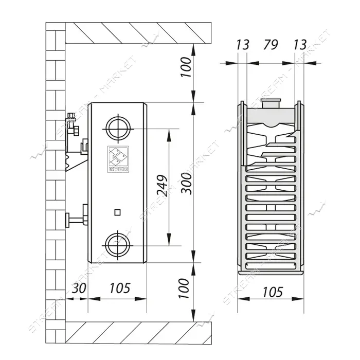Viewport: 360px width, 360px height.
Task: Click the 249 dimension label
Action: click(162, 186)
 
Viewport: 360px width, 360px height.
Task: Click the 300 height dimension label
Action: click(186, 184)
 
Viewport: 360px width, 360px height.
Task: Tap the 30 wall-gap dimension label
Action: click(79, 288)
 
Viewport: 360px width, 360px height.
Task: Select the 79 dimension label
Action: click(271, 44)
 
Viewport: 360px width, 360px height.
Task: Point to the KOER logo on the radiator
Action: click(118, 159)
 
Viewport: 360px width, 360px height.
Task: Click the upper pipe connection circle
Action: click(118, 129)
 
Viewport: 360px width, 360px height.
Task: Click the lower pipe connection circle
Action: click(118, 245)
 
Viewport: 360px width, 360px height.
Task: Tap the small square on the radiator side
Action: click(118, 212)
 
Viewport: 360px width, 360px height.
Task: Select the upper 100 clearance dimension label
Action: click(186, 67)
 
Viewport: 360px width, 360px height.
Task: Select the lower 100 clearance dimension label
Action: click(184, 289)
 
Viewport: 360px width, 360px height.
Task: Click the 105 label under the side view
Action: click(120, 288)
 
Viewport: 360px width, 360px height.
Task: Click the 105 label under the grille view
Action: click(273, 292)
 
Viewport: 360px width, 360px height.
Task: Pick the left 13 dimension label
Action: click(242, 45)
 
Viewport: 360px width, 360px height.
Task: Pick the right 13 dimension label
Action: click(300, 45)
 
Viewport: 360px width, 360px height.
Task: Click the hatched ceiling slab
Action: click(138, 33)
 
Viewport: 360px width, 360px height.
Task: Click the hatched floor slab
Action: click(138, 333)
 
